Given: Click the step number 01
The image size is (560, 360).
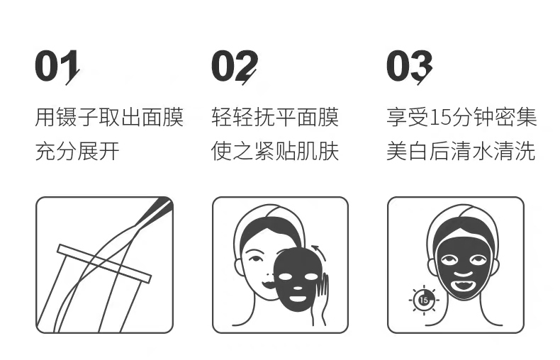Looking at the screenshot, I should tap(56, 67).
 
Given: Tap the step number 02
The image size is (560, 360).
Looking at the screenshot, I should tap(233, 67).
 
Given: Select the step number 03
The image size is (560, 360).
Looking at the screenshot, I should tap(408, 67).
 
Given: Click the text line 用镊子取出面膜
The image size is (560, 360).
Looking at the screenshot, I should tap(109, 117).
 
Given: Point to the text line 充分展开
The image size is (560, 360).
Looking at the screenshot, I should tap(77, 152).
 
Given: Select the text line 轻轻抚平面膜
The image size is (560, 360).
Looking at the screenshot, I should tap(275, 117).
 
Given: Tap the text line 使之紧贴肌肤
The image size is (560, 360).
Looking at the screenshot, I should tap(275, 152).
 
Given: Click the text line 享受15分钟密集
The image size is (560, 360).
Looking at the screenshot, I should tap(461, 117).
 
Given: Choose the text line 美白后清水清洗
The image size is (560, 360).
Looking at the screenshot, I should tap(461, 152).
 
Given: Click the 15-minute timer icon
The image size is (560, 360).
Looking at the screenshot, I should tap(423, 300).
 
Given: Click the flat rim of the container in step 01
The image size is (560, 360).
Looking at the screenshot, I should tap(104, 262).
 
